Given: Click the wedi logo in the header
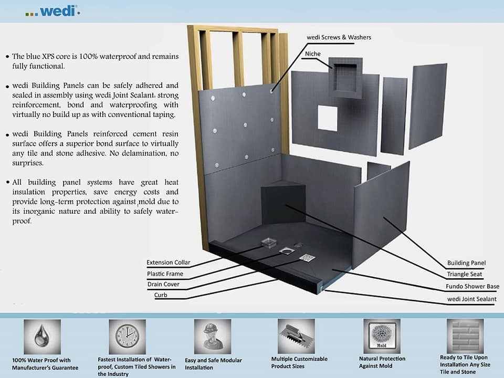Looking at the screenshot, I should (52, 10).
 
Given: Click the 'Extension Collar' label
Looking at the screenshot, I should (168, 262).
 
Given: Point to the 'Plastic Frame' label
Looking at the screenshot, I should (165, 274).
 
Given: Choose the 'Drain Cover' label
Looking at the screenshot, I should (163, 285).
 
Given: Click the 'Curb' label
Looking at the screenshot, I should (160, 295).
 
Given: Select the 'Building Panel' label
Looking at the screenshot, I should (466, 263).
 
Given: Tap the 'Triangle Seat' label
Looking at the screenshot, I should (465, 274).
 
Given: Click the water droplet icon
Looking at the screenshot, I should (39, 336).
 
